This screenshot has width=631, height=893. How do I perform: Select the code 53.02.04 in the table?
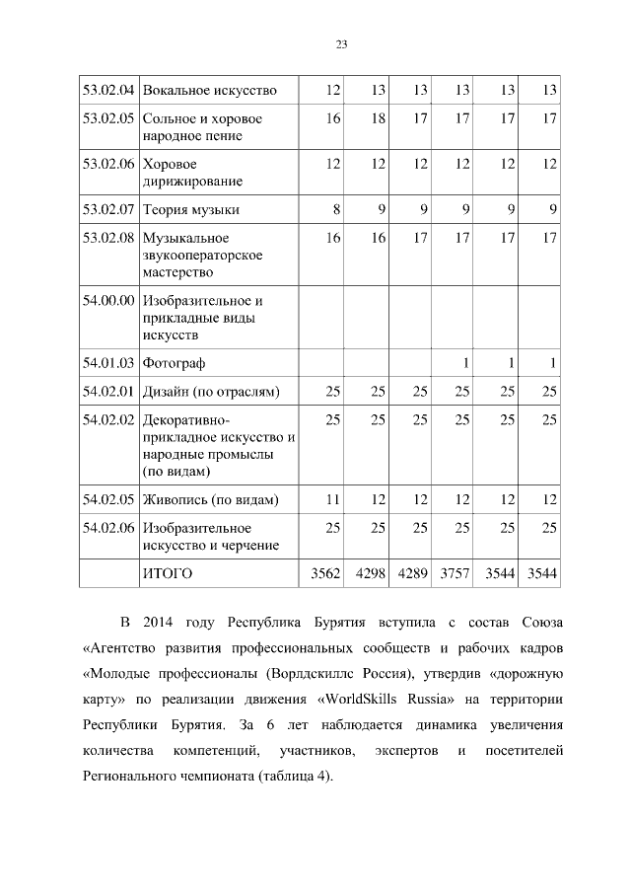pyautogui.click(x=107, y=91)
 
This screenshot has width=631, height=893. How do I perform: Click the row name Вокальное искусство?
pyautogui.click(x=209, y=91)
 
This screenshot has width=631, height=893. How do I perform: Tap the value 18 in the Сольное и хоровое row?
pyautogui.click(x=378, y=118)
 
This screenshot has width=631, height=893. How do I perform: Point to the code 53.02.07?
pyautogui.click(x=107, y=209)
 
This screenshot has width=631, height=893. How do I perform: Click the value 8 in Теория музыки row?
pyautogui.click(x=337, y=209)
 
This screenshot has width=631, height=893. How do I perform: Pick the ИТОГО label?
pyautogui.click(x=168, y=572)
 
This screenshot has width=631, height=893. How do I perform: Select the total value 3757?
pyautogui.click(x=456, y=572)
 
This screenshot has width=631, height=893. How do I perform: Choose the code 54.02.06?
pyautogui.click(x=107, y=527)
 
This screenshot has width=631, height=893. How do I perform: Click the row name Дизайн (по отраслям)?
pyautogui.click(x=211, y=392)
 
